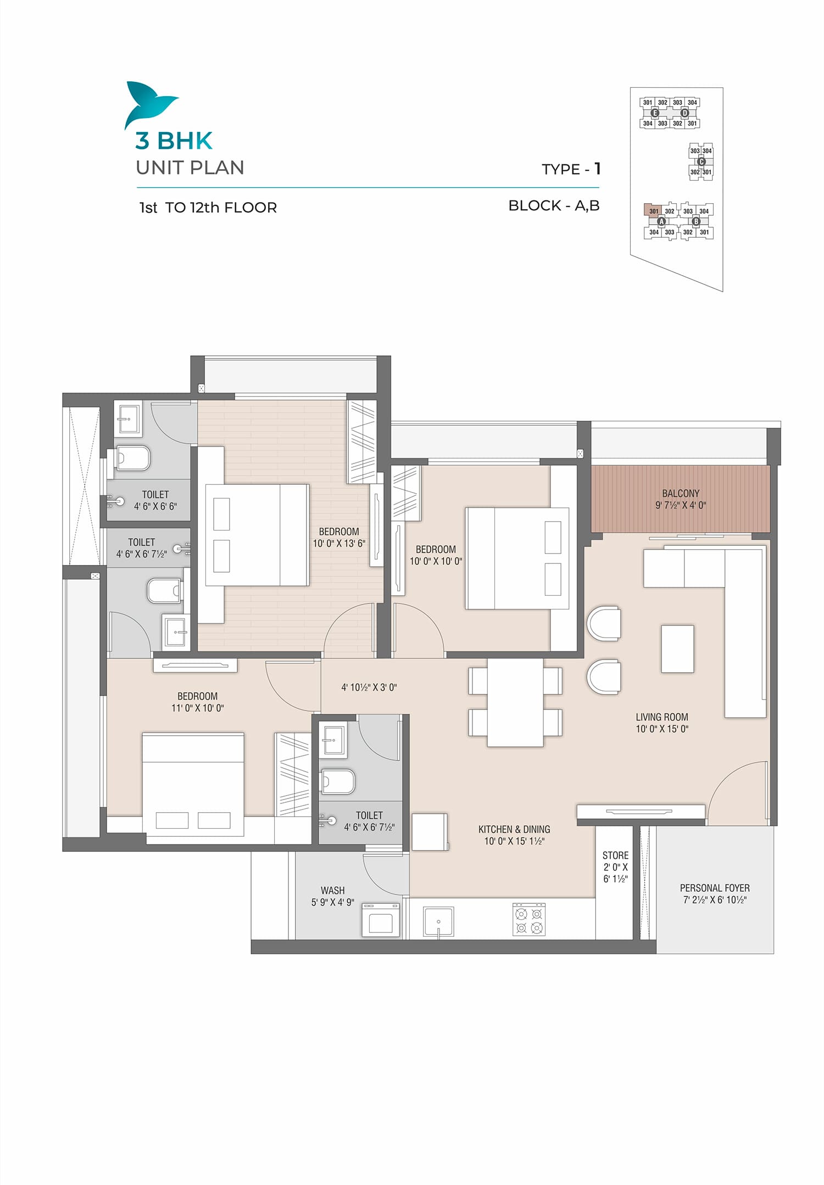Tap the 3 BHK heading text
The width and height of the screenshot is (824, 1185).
pos(174,141)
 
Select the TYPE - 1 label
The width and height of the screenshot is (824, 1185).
pos(571,169)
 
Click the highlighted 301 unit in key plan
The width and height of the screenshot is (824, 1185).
pos(653,211)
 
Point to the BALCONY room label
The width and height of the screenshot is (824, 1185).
pos(681,493)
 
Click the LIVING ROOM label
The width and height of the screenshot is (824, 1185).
pos(661,717)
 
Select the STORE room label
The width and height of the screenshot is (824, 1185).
pos(615,855)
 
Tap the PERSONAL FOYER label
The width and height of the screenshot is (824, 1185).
pos(715,887)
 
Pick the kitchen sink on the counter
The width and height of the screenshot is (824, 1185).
pos(438,921)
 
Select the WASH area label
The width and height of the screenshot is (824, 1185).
pos(332,890)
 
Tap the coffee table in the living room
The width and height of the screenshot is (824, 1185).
pos(677,649)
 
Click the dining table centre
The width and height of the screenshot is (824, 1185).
pos(515,702)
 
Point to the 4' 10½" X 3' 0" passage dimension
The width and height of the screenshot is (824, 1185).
pos(369,687)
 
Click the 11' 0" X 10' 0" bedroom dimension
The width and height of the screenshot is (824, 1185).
pos(197,708)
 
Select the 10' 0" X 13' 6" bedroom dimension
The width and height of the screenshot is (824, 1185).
pos(339,543)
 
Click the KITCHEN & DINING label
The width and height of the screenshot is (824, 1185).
pos(514,829)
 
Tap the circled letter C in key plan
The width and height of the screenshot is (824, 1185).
pos(701,161)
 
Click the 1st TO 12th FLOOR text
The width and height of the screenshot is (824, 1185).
pos(208,208)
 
